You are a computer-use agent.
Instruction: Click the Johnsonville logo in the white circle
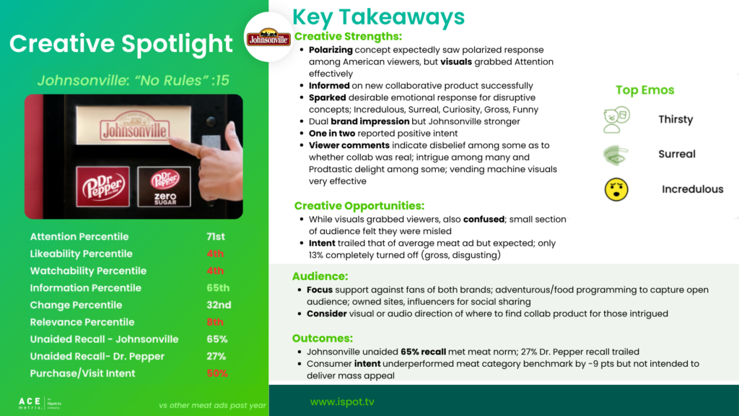click(x=268, y=38)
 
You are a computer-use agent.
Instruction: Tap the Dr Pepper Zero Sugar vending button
click(x=165, y=187)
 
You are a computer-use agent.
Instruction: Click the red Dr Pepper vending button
click(x=102, y=186)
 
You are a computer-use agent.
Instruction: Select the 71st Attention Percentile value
click(x=215, y=237)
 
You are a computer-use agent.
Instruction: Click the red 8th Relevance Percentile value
click(x=215, y=322)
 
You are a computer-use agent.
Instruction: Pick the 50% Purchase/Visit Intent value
click(x=217, y=373)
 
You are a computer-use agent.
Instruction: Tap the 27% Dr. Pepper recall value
click(x=217, y=357)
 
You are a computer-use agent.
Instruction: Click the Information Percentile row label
click(x=86, y=288)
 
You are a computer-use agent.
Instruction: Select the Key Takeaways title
click(x=378, y=17)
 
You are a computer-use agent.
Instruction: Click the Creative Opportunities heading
click(x=359, y=206)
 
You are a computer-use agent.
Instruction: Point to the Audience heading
click(x=320, y=277)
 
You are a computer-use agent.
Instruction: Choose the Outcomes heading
click(x=323, y=338)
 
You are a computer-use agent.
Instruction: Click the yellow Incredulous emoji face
click(x=616, y=190)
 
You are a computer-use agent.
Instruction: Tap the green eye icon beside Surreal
click(x=616, y=155)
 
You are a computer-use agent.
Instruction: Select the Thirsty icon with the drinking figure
click(x=616, y=120)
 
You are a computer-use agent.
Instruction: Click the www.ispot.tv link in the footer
click(x=342, y=402)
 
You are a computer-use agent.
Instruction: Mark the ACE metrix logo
click(x=40, y=403)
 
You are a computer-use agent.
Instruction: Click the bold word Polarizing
click(x=331, y=50)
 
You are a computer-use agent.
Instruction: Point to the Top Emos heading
click(x=644, y=90)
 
